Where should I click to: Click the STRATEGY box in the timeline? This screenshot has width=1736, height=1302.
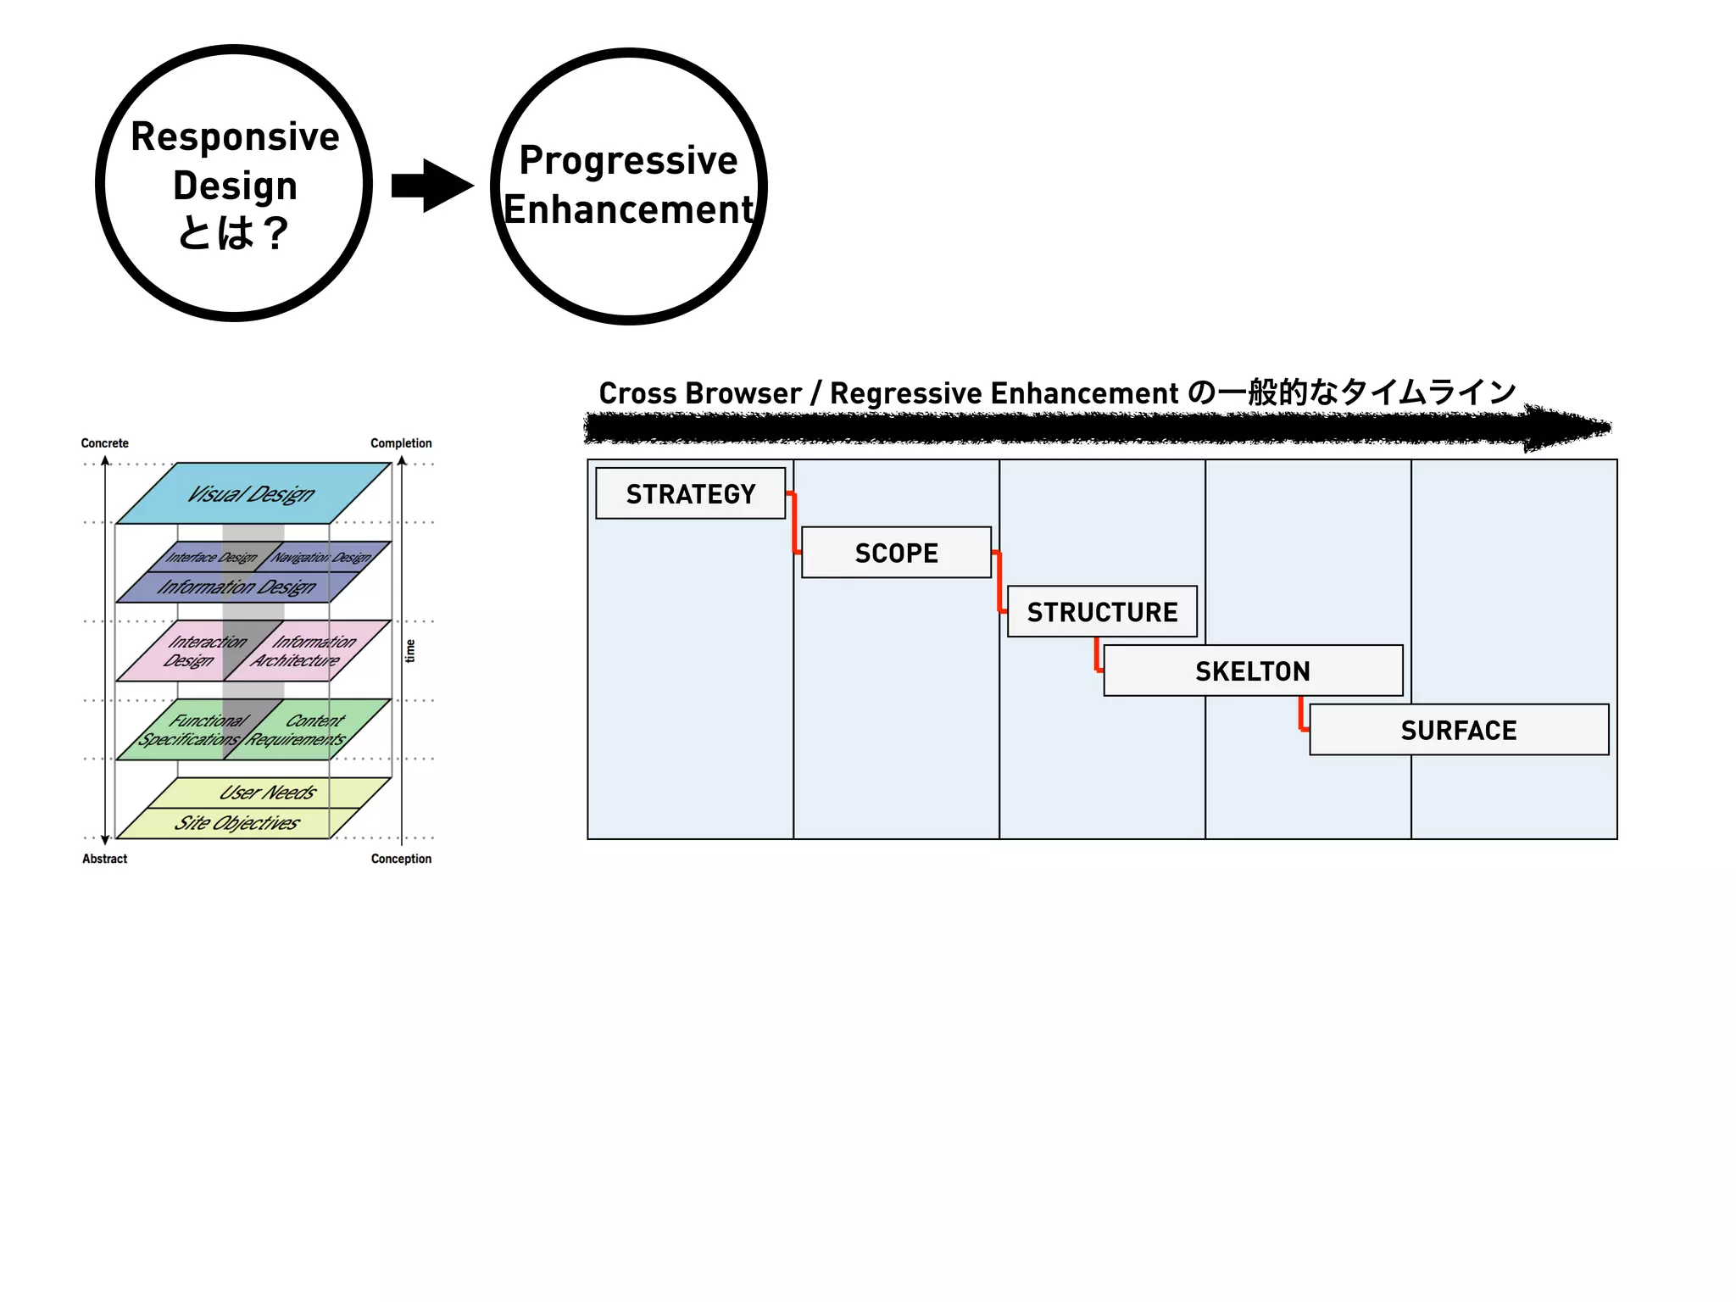click(690, 493)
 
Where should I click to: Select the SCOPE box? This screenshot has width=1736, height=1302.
click(896, 553)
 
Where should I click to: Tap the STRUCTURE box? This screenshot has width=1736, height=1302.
click(1102, 611)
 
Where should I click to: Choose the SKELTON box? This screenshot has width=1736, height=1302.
click(1252, 670)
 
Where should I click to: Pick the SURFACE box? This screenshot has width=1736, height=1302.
click(1458, 730)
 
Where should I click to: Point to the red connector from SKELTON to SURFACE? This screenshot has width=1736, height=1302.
click(1302, 715)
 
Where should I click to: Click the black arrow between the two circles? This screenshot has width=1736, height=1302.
click(431, 186)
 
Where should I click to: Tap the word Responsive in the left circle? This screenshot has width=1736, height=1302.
click(235, 136)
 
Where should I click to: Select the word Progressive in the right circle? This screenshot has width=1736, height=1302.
click(628, 160)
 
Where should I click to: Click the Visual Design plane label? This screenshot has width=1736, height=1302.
click(251, 493)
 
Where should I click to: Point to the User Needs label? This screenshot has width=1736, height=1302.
click(267, 793)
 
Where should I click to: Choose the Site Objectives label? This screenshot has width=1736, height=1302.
click(236, 823)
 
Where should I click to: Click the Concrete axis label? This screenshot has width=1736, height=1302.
click(104, 443)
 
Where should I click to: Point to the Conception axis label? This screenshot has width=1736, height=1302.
click(401, 859)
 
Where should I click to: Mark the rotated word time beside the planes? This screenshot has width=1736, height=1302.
click(410, 651)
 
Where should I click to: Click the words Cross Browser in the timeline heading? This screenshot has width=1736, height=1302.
click(699, 393)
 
